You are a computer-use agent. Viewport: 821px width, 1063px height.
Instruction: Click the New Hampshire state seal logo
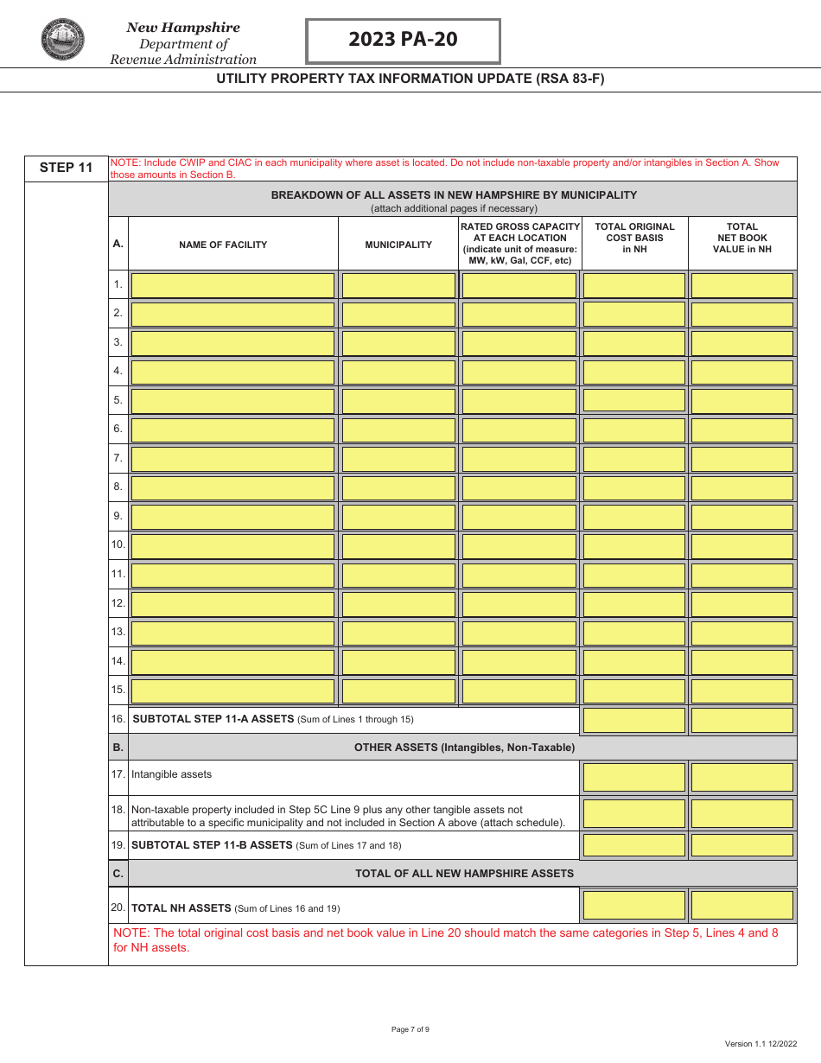click(x=62, y=40)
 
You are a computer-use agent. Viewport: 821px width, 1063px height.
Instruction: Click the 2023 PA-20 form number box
click(x=403, y=41)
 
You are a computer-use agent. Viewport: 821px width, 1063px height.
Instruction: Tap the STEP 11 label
click(x=66, y=168)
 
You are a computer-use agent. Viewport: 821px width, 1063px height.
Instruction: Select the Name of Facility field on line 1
click(x=232, y=285)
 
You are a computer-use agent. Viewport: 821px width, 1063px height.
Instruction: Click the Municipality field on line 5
click(x=398, y=401)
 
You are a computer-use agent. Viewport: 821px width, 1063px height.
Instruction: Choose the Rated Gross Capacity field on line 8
click(x=519, y=487)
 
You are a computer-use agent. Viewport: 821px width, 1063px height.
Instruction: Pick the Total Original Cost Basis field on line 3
click(x=634, y=343)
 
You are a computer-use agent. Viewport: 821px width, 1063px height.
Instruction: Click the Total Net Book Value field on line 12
click(x=741, y=603)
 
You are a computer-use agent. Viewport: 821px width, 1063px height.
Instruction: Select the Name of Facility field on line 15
click(x=232, y=691)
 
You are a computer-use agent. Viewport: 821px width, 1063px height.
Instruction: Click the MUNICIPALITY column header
click(x=398, y=245)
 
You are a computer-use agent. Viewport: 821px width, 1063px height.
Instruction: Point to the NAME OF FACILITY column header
click(x=223, y=245)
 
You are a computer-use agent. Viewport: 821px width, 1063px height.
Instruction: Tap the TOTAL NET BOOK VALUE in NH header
click(x=741, y=238)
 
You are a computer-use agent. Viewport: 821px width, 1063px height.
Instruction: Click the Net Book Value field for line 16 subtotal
click(x=741, y=720)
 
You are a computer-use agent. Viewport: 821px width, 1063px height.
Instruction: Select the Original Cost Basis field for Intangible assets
click(x=634, y=776)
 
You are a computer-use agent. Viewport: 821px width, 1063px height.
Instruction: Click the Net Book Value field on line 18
click(x=741, y=813)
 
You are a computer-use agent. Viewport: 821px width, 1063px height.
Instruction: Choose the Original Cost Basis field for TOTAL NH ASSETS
click(x=634, y=905)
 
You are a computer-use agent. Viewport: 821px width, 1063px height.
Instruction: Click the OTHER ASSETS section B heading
click(x=464, y=748)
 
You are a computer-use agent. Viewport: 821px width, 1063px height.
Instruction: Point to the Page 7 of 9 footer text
click(x=410, y=1029)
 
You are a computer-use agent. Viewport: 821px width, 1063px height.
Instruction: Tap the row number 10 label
click(x=118, y=545)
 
